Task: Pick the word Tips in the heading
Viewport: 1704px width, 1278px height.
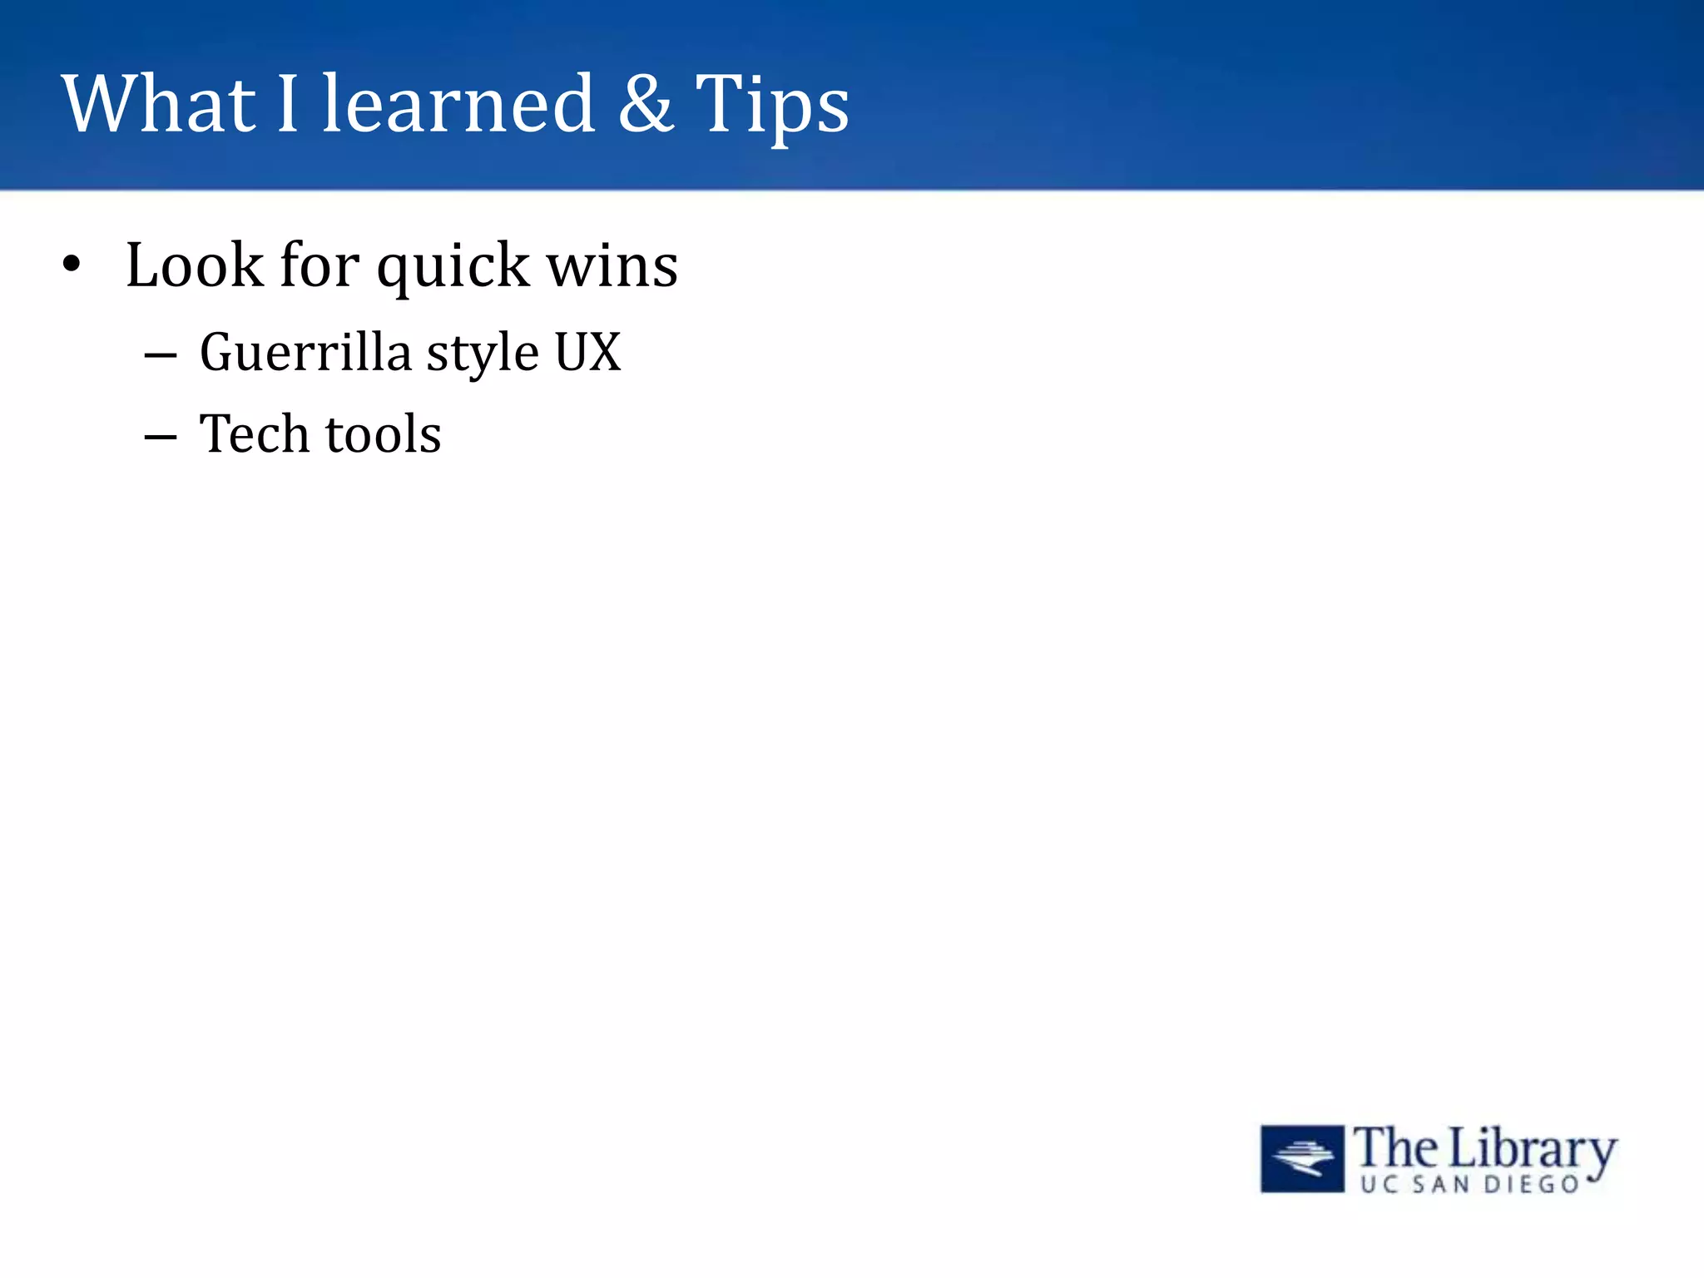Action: pyautogui.click(x=771, y=106)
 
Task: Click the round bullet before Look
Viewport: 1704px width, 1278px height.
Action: pyautogui.click(x=72, y=265)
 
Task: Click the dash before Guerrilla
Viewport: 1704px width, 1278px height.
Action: pyautogui.click(x=160, y=356)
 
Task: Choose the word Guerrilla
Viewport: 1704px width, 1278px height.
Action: pyautogui.click(x=305, y=353)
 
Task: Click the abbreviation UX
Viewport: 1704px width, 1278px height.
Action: pyautogui.click(x=587, y=353)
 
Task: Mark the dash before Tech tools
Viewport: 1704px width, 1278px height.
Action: pyautogui.click(x=160, y=438)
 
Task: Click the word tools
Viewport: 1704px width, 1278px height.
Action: pyautogui.click(x=383, y=434)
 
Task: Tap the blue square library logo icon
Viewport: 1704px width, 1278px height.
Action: pyautogui.click(x=1302, y=1158)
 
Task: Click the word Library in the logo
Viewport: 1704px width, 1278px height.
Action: pyautogui.click(x=1532, y=1151)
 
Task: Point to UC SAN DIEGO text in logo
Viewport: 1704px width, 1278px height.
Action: pyautogui.click(x=1469, y=1185)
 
